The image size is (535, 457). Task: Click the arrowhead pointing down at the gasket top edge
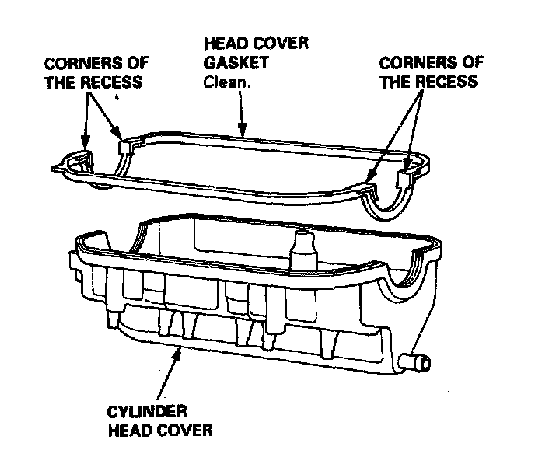coord(243,132)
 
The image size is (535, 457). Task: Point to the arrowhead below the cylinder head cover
coord(180,355)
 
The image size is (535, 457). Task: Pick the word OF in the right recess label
coord(464,62)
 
